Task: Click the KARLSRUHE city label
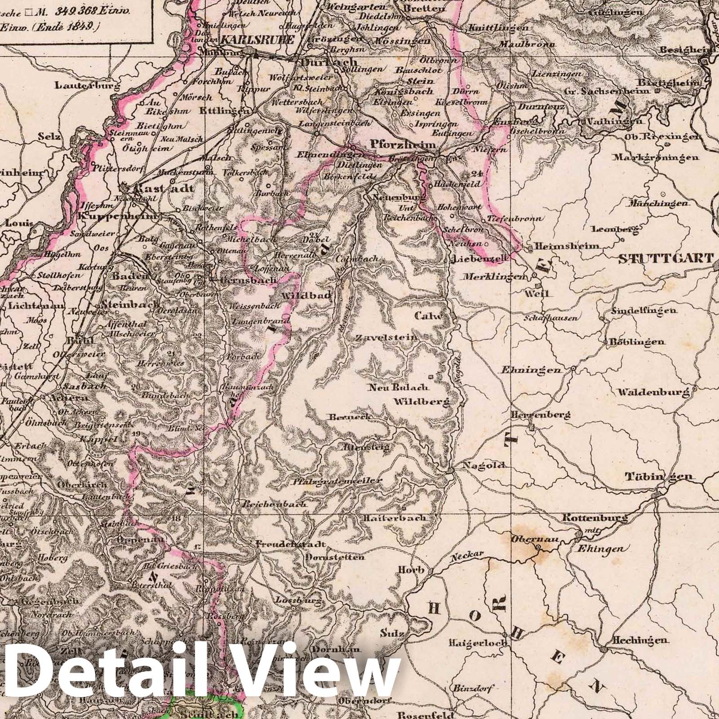pyautogui.click(x=257, y=40)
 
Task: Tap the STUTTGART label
pyautogui.click(x=666, y=258)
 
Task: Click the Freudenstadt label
pyautogui.click(x=290, y=544)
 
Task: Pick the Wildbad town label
pyautogui.click(x=306, y=296)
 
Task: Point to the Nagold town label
pyautogui.click(x=480, y=465)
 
